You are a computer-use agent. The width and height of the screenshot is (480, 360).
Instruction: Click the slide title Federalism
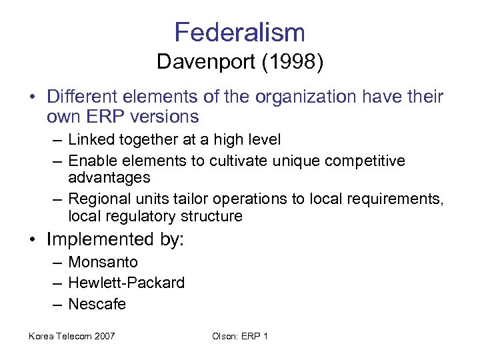[239, 32]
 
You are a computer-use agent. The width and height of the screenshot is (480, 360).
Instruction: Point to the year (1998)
[293, 63]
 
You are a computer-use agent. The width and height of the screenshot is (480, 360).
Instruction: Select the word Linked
[91, 140]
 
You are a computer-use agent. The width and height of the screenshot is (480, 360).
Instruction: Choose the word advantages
[109, 178]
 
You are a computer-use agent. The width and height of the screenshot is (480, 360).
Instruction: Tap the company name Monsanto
[103, 262]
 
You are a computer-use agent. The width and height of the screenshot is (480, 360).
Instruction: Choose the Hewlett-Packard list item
[126, 283]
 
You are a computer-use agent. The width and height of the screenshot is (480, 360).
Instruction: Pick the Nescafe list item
[97, 304]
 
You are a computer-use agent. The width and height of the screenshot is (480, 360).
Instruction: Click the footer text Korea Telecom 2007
[71, 336]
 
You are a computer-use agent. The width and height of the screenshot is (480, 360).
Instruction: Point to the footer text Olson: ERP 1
[240, 336]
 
